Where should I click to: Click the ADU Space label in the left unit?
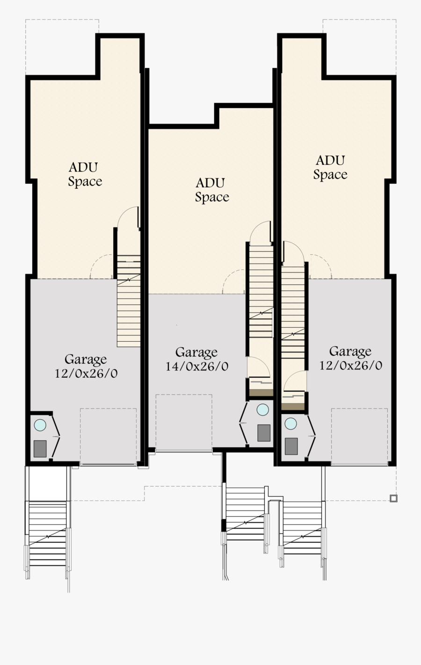click(85, 174)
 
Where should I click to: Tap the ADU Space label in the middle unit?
click(212, 190)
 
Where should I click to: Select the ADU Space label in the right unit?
click(330, 167)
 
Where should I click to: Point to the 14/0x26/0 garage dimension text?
click(197, 366)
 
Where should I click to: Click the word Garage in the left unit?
click(86, 359)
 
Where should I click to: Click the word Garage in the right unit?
click(350, 351)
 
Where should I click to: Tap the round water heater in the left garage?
click(40, 425)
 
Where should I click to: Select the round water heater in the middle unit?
click(263, 409)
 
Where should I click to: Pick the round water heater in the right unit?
click(291, 424)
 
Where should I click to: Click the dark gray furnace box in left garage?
click(40, 448)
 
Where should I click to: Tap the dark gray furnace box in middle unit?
click(264, 433)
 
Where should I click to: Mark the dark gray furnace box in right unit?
click(291, 446)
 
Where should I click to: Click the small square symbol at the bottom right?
click(393, 498)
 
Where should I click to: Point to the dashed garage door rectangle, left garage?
click(108, 436)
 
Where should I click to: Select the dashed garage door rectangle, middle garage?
click(184, 422)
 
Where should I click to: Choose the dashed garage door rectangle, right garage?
click(360, 436)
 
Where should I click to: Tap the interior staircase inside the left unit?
click(129, 301)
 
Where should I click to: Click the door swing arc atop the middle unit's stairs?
click(261, 232)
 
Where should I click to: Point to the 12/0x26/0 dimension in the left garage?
click(86, 373)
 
